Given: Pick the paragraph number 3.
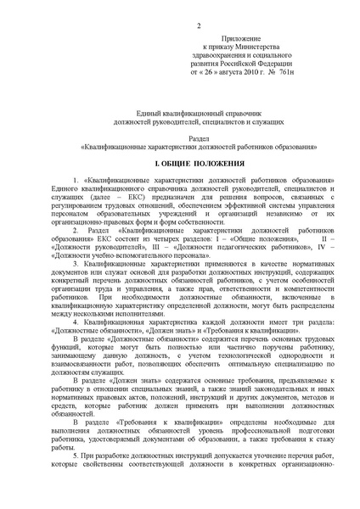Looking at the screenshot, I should point(76,265).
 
